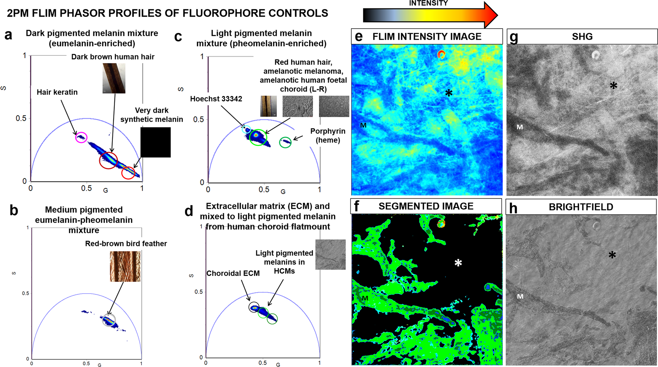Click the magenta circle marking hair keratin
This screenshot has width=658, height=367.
[81, 137]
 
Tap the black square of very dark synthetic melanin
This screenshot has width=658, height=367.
[155, 142]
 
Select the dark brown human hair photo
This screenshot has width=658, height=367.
[114, 78]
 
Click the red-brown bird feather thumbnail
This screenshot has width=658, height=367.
[125, 266]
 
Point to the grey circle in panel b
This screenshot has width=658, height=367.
[109, 320]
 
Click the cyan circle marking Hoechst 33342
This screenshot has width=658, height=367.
[246, 130]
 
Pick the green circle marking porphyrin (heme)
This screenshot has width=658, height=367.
[285, 142]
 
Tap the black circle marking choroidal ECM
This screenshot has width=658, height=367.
[254, 307]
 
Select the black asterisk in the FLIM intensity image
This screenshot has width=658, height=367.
[449, 93]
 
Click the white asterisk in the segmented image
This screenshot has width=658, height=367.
[458, 263]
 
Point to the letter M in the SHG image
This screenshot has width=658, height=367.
[520, 127]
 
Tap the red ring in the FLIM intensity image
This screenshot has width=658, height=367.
[441, 54]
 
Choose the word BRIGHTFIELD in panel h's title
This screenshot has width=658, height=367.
[581, 207]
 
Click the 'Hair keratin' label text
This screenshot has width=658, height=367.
[57, 92]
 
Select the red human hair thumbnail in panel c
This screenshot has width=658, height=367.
[268, 106]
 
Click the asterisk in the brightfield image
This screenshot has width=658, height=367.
[612, 256]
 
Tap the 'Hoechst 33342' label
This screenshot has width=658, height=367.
[216, 99]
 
